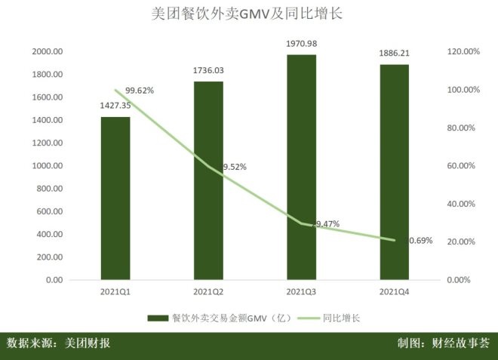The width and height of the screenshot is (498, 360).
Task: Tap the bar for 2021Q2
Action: [x=209, y=180]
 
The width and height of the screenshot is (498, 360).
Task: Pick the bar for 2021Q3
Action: [x=302, y=167]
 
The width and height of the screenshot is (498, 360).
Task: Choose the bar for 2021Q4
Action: [x=394, y=172]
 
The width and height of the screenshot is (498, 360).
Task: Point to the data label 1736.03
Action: [x=209, y=71]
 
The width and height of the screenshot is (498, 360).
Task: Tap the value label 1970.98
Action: [x=302, y=44]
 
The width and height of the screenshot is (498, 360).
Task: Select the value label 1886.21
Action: [x=394, y=54]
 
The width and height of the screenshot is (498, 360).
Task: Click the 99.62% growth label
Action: [x=140, y=91]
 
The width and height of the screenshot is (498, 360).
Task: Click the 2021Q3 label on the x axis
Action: [x=302, y=291]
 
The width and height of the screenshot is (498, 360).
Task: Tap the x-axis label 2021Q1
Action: [x=115, y=291]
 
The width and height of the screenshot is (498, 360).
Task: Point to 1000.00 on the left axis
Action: [x=47, y=166]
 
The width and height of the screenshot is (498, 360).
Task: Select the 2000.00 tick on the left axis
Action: [x=47, y=52]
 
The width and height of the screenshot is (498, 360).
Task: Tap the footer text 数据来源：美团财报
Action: [x=59, y=343]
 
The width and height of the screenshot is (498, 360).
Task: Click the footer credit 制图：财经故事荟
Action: [x=444, y=343]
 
